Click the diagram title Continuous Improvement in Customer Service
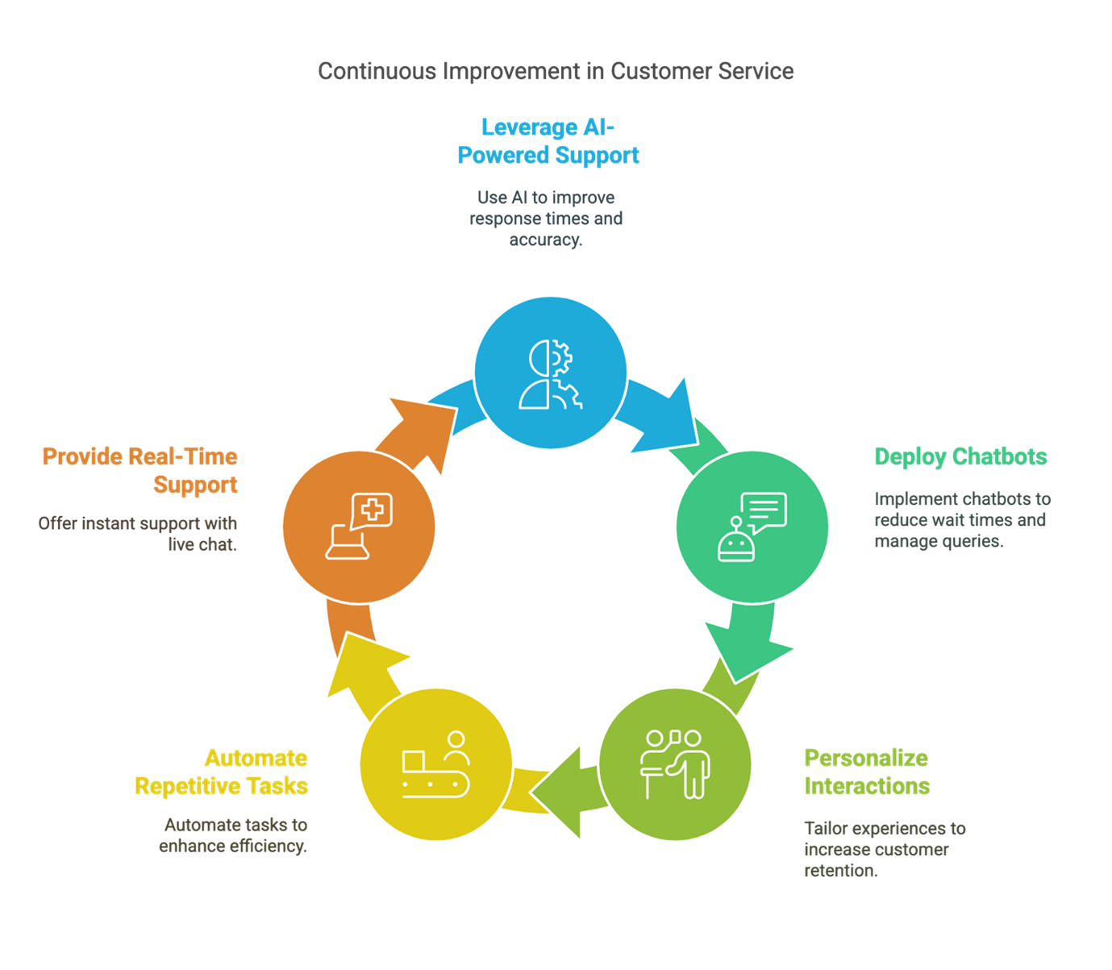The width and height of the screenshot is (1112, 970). pyautogui.click(x=555, y=71)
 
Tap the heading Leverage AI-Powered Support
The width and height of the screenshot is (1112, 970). pyautogui.click(x=548, y=141)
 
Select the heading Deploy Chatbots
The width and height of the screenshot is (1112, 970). pyautogui.click(x=960, y=457)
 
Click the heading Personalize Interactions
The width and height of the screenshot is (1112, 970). pyautogui.click(x=867, y=772)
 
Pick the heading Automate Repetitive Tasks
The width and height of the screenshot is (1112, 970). pyautogui.click(x=221, y=772)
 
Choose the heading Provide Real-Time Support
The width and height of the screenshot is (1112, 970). pyautogui.click(x=140, y=471)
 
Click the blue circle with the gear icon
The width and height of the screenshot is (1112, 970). pyautogui.click(x=551, y=373)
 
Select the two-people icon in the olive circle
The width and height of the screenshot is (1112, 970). pyautogui.click(x=675, y=764)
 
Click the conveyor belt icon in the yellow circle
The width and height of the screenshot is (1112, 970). pyautogui.click(x=436, y=764)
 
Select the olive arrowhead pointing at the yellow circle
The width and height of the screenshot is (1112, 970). pyautogui.click(x=560, y=793)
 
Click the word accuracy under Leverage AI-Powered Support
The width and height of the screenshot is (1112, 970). pyautogui.click(x=546, y=240)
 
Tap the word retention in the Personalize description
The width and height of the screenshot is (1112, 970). pyautogui.click(x=841, y=871)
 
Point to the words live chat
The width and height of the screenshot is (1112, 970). pyautogui.click(x=202, y=544)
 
